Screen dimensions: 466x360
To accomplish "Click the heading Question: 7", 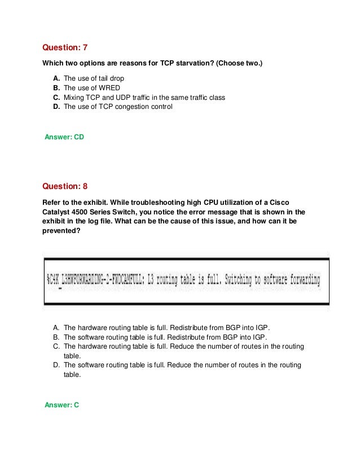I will pos(65,47).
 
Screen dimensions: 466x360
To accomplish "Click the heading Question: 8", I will pos(65,186).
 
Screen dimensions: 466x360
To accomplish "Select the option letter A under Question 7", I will pos(56,78).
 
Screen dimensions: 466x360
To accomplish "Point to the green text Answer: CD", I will pos(64,137).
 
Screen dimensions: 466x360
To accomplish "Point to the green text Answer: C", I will pos(62,420).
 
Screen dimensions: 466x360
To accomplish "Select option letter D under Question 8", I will pos(56,365).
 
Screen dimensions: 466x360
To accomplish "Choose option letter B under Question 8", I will pos(56,337).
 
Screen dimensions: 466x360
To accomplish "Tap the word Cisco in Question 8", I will pos(296,201).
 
